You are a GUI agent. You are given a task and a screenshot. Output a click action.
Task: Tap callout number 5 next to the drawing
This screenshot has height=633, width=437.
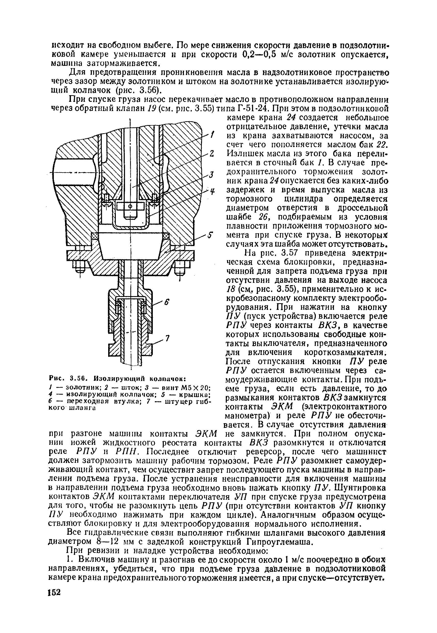pyautogui.click(x=210, y=235)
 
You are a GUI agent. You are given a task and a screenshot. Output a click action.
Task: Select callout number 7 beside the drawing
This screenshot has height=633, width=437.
pyautogui.click(x=168, y=339)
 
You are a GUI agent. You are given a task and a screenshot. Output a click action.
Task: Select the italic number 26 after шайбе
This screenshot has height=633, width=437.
pyautogui.click(x=264, y=217)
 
